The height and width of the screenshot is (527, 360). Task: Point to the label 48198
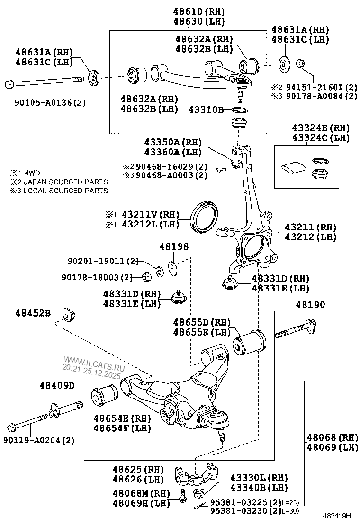point(174,246)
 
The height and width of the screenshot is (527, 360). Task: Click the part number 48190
point(310,305)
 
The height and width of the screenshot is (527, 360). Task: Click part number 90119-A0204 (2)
point(42,440)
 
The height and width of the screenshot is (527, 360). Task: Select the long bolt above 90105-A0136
point(43,84)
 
